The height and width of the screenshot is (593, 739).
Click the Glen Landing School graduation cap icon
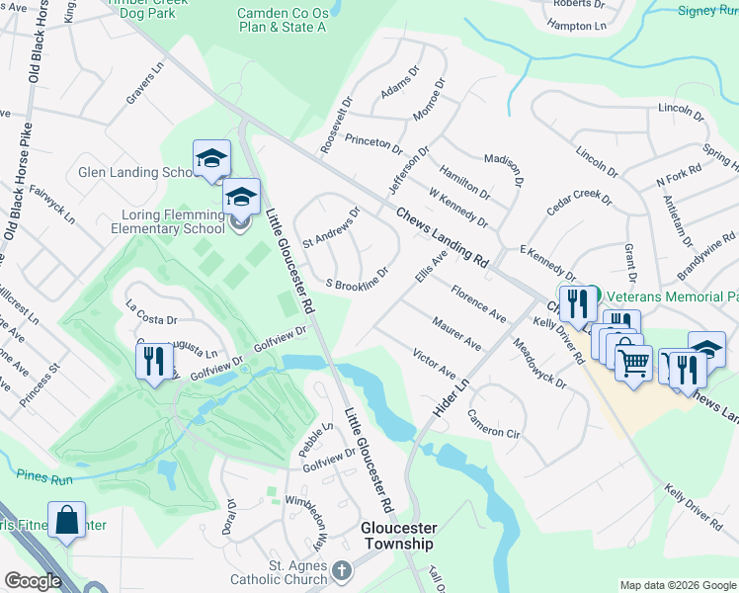coord(211,158)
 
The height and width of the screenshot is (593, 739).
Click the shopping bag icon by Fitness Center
coord(67,520)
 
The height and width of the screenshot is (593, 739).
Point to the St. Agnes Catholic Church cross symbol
coord(341,570)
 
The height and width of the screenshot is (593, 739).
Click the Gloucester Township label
coord(397,537)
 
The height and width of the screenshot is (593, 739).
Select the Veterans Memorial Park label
coord(672,296)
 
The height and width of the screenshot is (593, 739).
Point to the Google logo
coord(33,581)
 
